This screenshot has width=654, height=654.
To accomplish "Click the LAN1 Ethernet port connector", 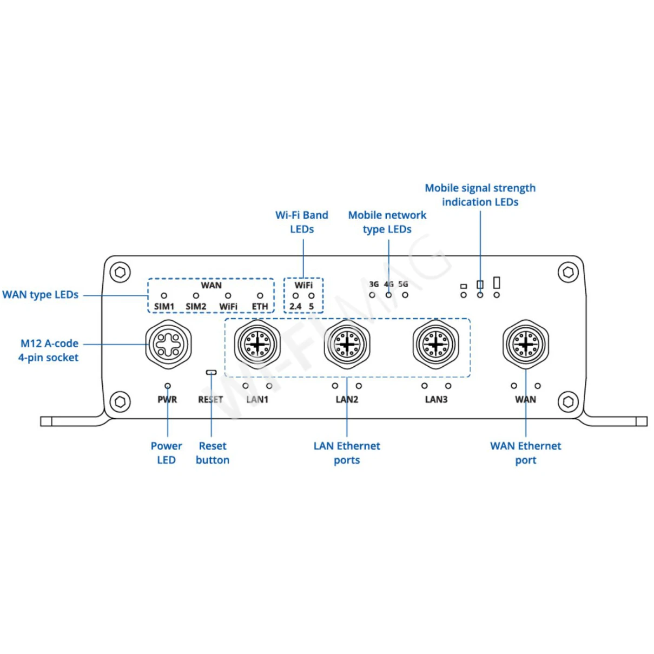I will coord(257,344).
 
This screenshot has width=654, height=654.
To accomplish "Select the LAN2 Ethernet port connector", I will coord(347,344).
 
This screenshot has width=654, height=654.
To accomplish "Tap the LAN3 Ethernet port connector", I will coord(436,344).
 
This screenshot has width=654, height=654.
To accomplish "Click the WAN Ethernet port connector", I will coord(525,344).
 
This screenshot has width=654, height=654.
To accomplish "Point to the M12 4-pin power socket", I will coord(169,344).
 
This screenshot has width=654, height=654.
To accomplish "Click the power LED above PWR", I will coord(168,386).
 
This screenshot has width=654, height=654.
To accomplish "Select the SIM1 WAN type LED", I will coord(164,296).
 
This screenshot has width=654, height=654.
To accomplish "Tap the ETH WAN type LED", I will coord(260,296).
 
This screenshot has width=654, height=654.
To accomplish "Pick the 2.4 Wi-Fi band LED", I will coord(295,296).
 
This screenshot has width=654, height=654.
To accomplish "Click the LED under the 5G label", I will coord(405,295).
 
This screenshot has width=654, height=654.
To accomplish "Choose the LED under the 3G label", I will coord(372,295).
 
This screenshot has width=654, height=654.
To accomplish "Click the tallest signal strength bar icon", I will coord(497,282).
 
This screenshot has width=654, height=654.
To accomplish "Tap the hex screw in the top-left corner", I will coord(120,272).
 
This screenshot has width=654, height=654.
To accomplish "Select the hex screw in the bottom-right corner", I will coord(568,402).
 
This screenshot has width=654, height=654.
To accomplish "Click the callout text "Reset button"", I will coord(213,453).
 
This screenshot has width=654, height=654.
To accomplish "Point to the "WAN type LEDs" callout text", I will coord(41,295).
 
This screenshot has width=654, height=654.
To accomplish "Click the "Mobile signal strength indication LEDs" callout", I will coord(480,195).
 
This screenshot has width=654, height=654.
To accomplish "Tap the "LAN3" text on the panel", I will coord(436,400).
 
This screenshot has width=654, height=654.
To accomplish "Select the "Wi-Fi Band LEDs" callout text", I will coord(302,222).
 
